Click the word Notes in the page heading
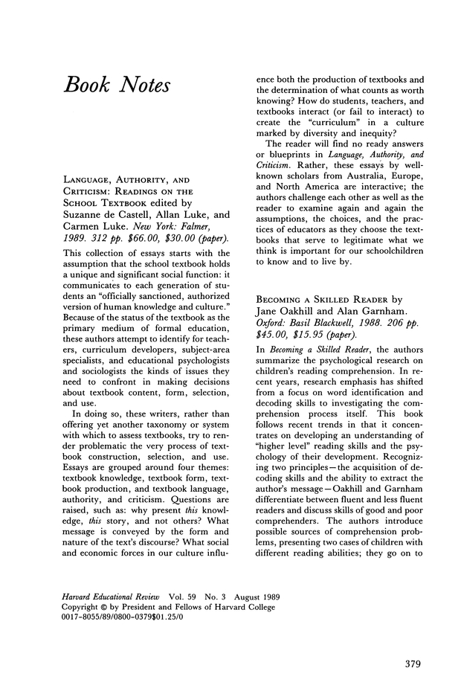[141, 85]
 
